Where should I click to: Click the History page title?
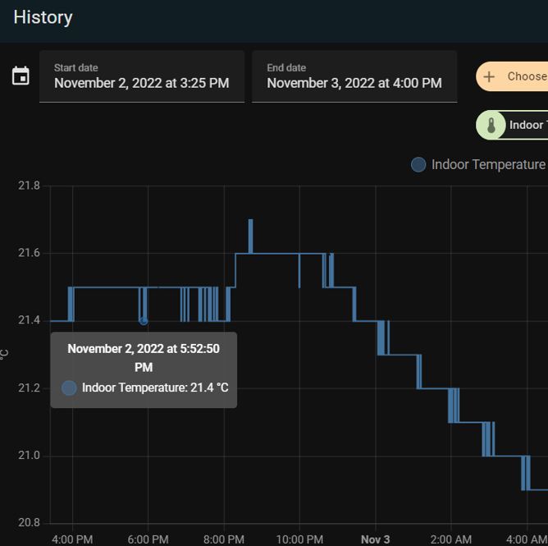[x=43, y=17]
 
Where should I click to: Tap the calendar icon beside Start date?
[x=21, y=76]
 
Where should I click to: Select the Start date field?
[x=141, y=76]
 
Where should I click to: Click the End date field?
[x=354, y=76]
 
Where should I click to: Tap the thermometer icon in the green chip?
[x=491, y=125]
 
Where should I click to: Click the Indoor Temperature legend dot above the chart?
[x=418, y=165]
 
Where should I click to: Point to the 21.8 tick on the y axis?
[x=29, y=186]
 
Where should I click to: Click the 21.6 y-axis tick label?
[x=29, y=253]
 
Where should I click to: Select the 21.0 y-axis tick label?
[x=29, y=456]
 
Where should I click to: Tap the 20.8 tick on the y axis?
[x=29, y=523]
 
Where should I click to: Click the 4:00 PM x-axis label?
[x=73, y=539]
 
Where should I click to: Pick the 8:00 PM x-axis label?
[x=224, y=539]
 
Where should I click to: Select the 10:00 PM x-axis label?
[x=299, y=539]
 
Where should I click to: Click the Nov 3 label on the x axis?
[x=375, y=539]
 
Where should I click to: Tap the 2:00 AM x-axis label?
[x=450, y=539]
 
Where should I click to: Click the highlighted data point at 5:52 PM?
[x=144, y=320]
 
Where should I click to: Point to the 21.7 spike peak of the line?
[x=250, y=220]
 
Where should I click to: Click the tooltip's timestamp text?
[x=144, y=358]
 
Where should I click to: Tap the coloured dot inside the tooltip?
[x=70, y=388]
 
